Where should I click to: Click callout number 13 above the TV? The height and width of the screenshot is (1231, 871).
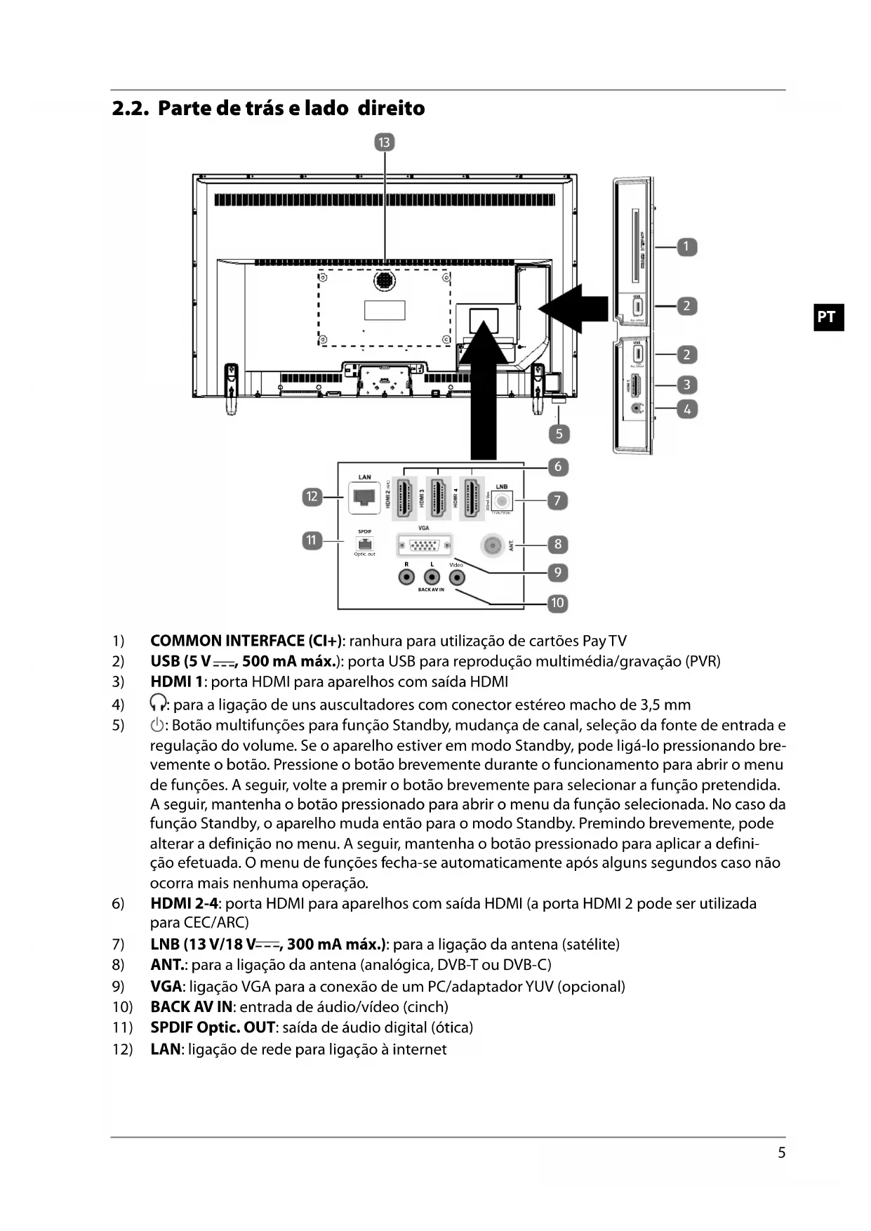(x=384, y=143)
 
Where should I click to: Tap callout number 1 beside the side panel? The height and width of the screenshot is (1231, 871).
(x=686, y=247)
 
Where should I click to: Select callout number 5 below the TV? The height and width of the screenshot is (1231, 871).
(x=559, y=434)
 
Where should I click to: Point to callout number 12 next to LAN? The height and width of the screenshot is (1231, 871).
(x=312, y=497)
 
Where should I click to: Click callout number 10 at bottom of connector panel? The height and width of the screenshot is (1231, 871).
(x=557, y=603)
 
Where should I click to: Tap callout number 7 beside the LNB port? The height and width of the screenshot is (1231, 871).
(x=557, y=500)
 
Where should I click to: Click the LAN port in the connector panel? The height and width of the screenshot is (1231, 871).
(x=364, y=498)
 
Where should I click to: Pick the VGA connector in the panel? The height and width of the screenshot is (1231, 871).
(x=424, y=545)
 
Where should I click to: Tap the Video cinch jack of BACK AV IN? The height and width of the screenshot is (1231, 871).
(x=457, y=578)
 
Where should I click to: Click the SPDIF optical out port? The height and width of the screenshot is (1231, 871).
(x=364, y=544)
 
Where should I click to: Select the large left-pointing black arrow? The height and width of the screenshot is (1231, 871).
(x=572, y=308)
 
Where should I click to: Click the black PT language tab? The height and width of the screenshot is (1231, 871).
(x=827, y=317)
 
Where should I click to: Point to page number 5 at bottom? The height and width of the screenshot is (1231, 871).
(x=781, y=1153)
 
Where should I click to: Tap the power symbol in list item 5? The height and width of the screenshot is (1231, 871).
(x=157, y=725)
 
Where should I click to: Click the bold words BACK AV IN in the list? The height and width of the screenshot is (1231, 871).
(x=190, y=1007)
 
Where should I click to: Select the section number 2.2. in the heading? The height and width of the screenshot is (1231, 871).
(x=130, y=109)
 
